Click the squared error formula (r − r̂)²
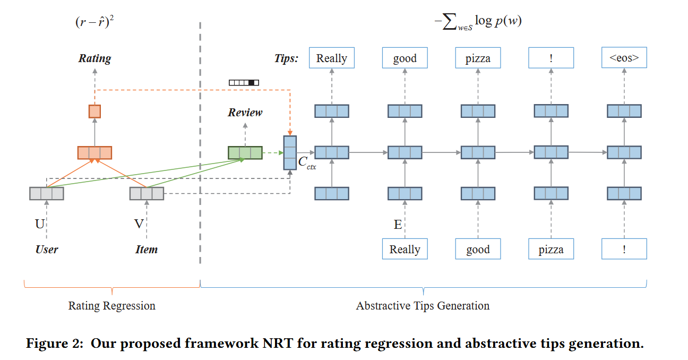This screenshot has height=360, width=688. (x=94, y=23)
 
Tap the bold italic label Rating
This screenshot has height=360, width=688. (x=94, y=58)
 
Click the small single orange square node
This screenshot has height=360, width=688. (x=94, y=112)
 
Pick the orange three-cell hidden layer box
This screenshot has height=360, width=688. (x=94, y=152)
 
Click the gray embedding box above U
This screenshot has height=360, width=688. (x=47, y=193)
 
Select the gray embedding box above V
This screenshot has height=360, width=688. (x=147, y=193)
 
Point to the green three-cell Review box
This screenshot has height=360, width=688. (x=245, y=153)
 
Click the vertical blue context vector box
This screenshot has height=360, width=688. (x=290, y=153)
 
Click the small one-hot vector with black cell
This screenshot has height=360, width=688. (x=244, y=82)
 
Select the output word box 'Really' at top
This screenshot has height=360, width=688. (x=331, y=58)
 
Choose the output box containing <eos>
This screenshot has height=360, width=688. (x=624, y=58)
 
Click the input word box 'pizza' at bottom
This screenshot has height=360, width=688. (x=551, y=249)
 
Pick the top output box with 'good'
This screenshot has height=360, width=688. (x=405, y=58)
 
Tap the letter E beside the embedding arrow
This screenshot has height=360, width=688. (x=398, y=225)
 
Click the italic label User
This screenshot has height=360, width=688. (x=47, y=249)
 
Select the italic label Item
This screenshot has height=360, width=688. (x=147, y=249)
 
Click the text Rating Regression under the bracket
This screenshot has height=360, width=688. (x=111, y=306)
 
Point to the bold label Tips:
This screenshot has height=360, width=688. (x=286, y=58)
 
